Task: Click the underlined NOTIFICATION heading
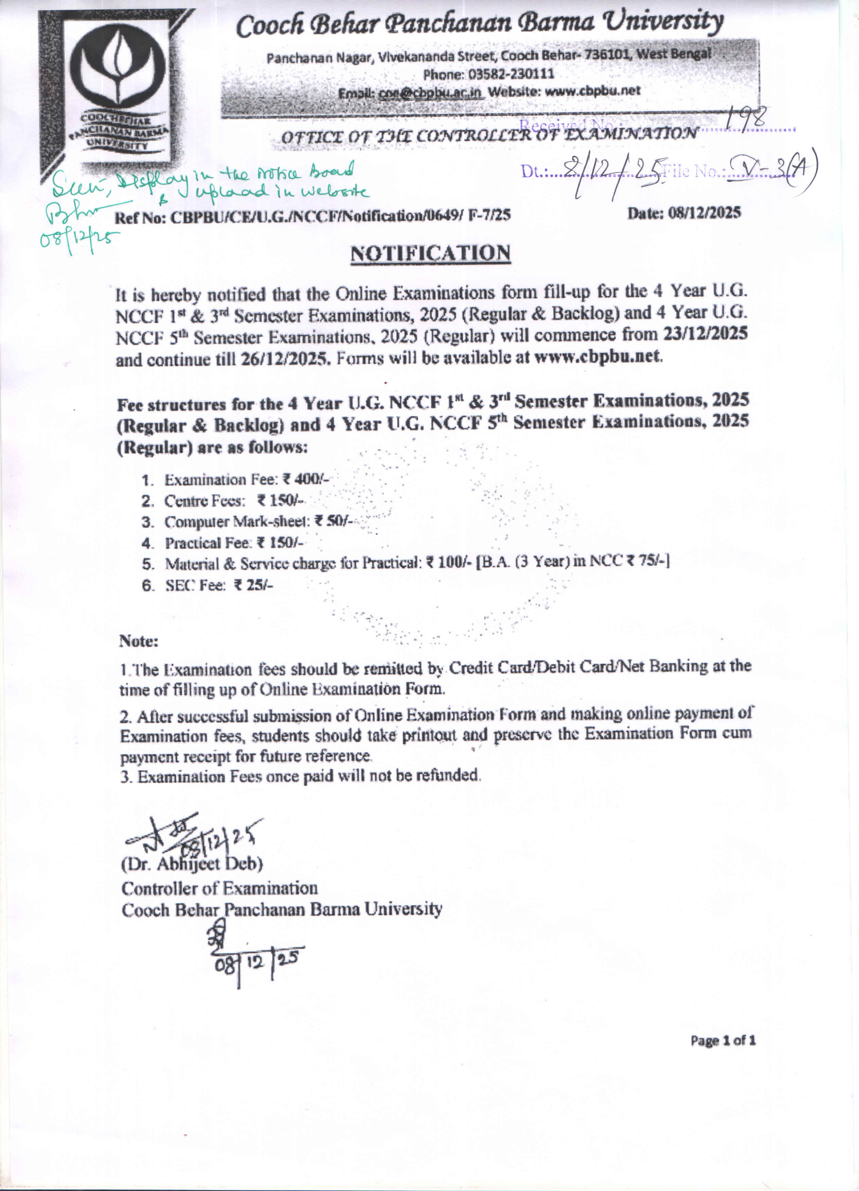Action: [430, 254]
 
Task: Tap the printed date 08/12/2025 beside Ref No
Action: [684, 213]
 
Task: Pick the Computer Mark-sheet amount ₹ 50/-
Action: [333, 521]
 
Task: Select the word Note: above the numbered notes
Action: [139, 641]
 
